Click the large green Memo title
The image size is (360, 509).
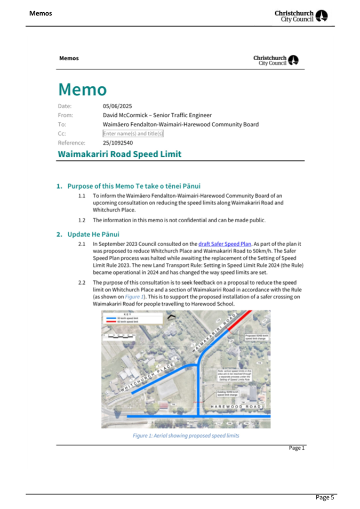[x=83, y=89]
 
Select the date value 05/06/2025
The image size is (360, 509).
[x=117, y=106]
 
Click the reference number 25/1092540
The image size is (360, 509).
[x=118, y=143]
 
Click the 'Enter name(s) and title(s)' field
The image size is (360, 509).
[x=133, y=134]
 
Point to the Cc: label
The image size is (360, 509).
[x=62, y=134]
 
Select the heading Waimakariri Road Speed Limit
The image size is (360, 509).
[x=119, y=154]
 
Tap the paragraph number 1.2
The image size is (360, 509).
[x=82, y=220]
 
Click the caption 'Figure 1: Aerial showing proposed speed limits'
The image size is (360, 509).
[x=186, y=435]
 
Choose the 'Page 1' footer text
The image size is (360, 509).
[x=297, y=448]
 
